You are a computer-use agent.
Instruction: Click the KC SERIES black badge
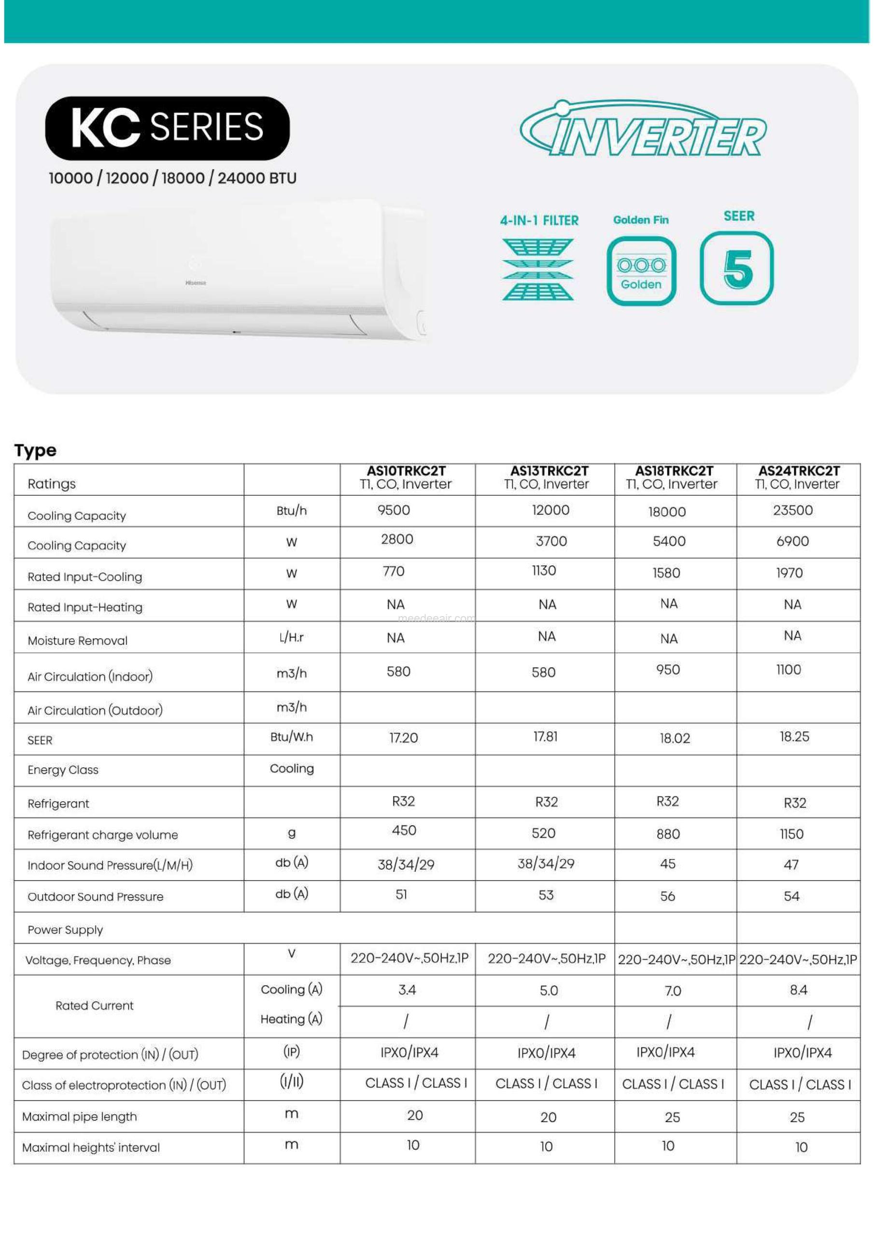coord(167,128)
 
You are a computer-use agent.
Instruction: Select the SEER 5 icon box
coord(736,268)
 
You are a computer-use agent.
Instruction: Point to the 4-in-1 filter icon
coord(538,269)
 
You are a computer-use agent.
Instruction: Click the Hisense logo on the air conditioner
coord(196,282)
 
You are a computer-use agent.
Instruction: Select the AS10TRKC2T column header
coord(406,477)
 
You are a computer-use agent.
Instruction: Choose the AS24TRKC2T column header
coord(798,477)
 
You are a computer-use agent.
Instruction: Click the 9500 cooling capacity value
coord(394,510)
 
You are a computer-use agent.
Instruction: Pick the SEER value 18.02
coord(675,738)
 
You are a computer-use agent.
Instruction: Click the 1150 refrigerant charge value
coord(791,834)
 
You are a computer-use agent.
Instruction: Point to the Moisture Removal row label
coord(78,641)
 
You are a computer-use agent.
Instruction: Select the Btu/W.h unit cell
coord(291,737)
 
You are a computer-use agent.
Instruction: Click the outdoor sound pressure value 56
coord(667,896)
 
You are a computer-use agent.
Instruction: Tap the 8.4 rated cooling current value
coord(798,990)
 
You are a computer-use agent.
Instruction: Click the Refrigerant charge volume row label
coord(102,834)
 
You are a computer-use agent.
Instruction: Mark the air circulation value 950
coord(668,669)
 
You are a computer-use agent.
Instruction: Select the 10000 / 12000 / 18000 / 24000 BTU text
coord(172,178)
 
